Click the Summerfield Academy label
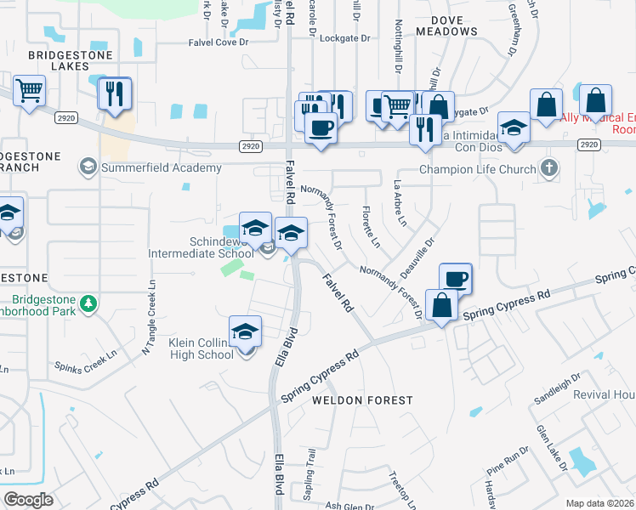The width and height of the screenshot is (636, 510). coord(162,167)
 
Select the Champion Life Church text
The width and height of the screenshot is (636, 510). coord(478,169)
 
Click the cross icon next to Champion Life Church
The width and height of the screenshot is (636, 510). coord(549,168)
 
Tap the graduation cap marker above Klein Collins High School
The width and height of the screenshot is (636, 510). coord(245,332)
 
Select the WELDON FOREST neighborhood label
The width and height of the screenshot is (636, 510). coord(361,399)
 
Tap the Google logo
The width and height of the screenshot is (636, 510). coord(29,499)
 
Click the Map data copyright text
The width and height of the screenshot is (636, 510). coord(600,503)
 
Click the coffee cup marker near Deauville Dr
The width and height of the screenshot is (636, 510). coord(455,278)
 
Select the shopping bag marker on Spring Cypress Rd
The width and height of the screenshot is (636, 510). coord(442,305)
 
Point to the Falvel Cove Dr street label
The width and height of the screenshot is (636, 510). coord(232,37)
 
